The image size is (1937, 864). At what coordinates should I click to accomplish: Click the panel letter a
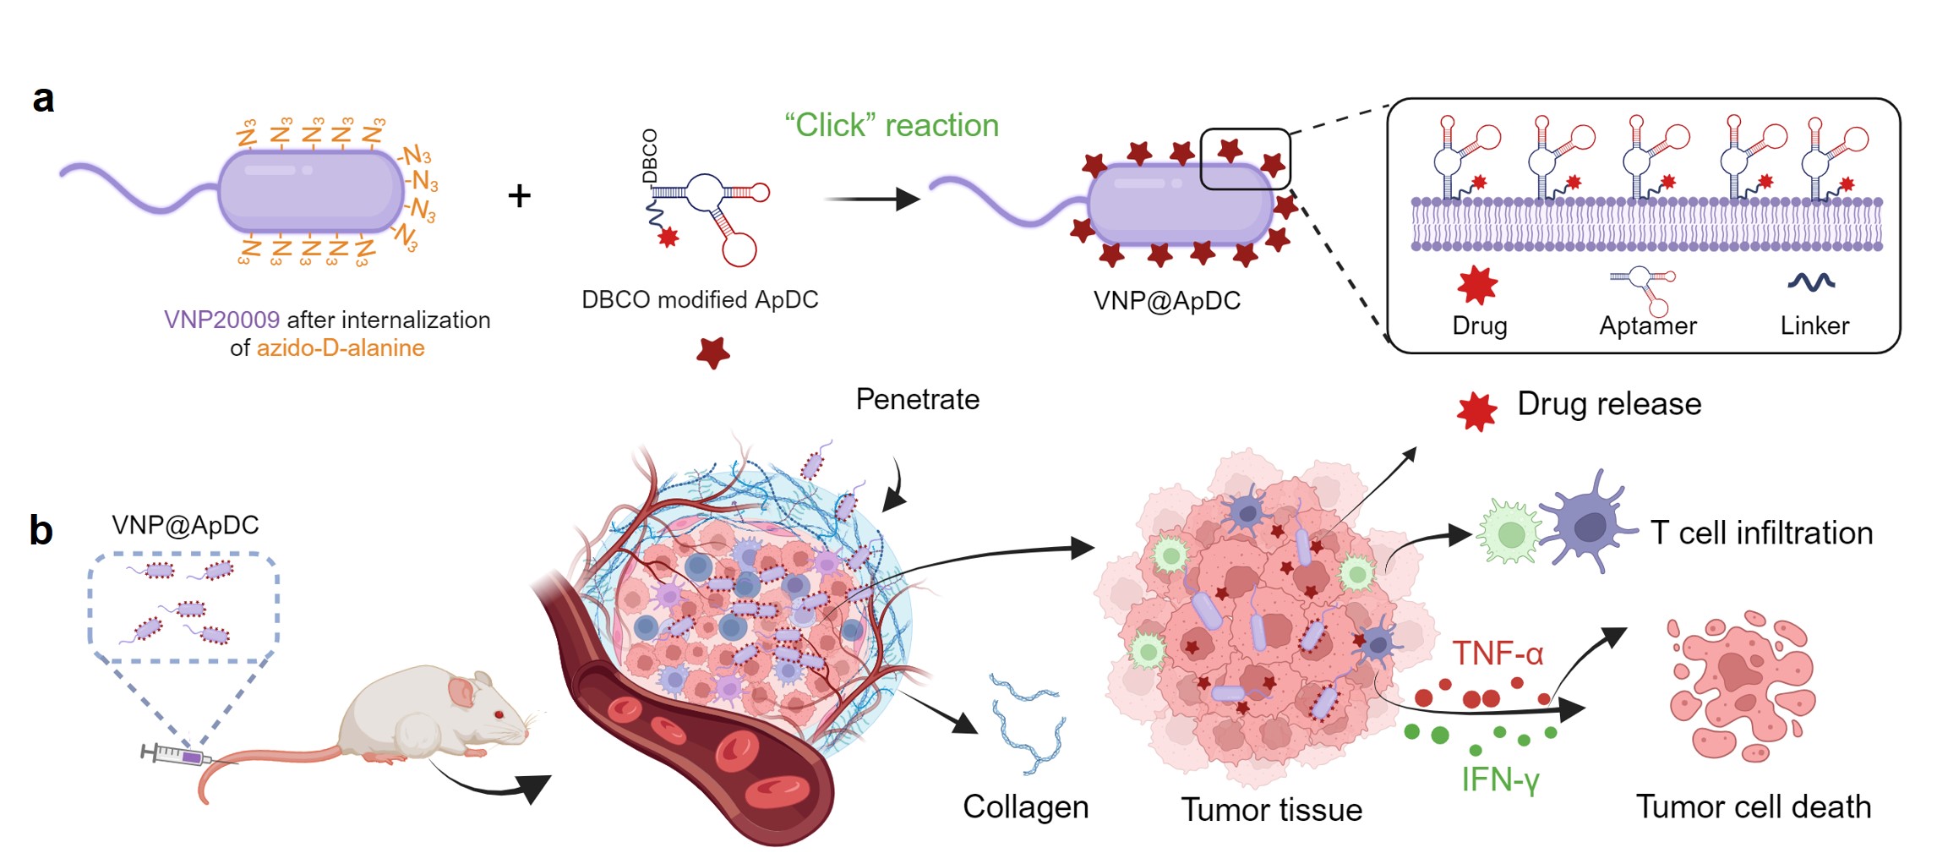click(x=43, y=100)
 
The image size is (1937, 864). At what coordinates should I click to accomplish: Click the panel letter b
click(x=41, y=531)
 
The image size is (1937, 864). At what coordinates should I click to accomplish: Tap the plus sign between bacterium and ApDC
click(x=519, y=196)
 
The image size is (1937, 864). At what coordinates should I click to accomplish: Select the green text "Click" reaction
click(x=892, y=125)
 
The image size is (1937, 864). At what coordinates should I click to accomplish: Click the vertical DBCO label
click(x=649, y=156)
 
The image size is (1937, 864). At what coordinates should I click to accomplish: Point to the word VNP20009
click(x=221, y=320)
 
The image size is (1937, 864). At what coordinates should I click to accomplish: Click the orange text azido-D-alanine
click(x=341, y=348)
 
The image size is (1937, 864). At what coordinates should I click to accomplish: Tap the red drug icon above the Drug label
click(x=1477, y=284)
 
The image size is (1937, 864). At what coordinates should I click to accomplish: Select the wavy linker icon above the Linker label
click(x=1811, y=282)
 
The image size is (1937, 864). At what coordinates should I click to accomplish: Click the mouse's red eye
click(x=499, y=714)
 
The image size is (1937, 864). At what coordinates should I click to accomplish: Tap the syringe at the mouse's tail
click(x=176, y=754)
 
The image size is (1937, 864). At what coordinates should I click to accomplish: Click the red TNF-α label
click(x=1498, y=653)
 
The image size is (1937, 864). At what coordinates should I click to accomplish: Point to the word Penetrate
click(x=918, y=399)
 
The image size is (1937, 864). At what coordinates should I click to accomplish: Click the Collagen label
click(x=1025, y=807)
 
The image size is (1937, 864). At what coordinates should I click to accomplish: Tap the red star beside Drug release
click(x=1476, y=412)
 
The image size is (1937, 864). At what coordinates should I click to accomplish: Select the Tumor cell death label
click(x=1754, y=807)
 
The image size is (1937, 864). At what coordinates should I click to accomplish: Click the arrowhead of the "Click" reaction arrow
click(x=908, y=200)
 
